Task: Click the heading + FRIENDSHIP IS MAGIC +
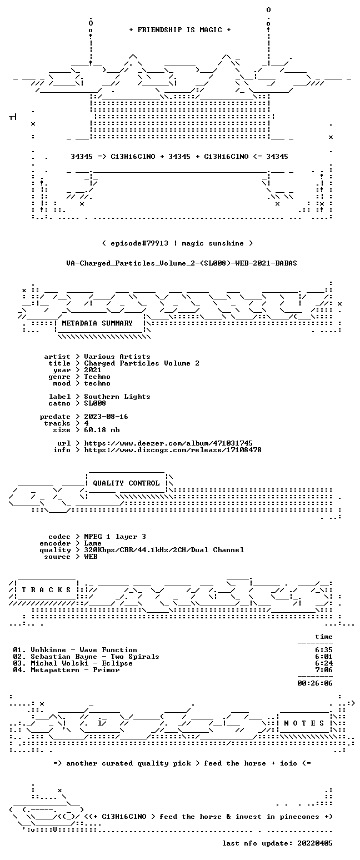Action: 180,30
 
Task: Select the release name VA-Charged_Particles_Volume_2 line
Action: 182,263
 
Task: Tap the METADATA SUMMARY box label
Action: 97,323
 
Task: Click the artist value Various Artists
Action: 117,357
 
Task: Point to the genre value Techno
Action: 97,377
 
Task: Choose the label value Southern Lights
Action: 117,397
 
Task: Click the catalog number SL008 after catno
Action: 95,403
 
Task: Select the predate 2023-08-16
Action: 106,417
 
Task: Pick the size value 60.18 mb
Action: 102,430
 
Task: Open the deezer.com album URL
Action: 168,443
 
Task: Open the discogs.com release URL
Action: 173,450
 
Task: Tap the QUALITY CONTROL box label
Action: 126,483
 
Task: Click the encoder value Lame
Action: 92,543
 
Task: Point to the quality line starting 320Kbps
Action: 164,550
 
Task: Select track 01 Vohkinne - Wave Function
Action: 75,650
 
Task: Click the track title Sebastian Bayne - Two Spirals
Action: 95,657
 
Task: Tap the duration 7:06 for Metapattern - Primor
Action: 323,670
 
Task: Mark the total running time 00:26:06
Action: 314,683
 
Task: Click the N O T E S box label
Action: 304,723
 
